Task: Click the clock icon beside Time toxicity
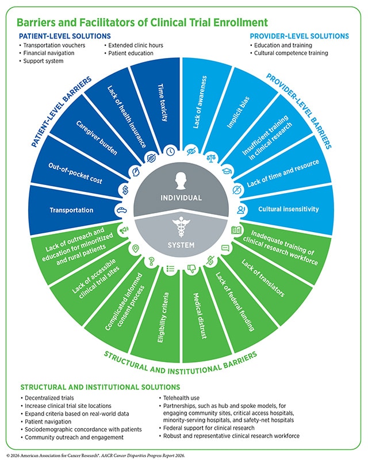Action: click(170, 152)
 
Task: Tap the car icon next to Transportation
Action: click(121, 210)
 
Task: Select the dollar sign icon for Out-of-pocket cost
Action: click(125, 190)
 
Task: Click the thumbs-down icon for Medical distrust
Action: click(191, 268)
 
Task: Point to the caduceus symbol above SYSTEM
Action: click(181, 227)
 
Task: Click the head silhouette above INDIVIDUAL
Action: click(181, 180)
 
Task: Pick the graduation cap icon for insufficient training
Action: click(227, 171)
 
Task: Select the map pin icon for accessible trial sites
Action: click(135, 248)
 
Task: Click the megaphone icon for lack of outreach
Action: click(124, 230)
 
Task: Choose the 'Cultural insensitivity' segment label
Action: click(289, 209)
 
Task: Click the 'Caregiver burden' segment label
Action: click(97, 138)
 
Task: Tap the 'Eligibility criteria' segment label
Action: click(163, 317)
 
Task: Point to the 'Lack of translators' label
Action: click(263, 278)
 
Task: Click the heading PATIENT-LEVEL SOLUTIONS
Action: click(65, 36)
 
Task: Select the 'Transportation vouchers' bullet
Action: click(54, 45)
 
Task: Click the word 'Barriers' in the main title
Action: click(35, 22)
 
